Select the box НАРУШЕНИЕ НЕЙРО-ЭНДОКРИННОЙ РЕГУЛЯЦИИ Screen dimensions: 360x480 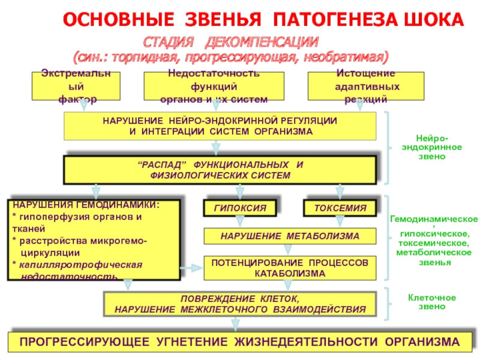click(220, 126)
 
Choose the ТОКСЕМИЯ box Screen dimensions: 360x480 click(340, 208)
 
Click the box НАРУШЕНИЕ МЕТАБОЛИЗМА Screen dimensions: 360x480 click(290, 236)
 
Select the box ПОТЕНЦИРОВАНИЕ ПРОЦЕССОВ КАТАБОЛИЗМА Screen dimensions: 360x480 click(290, 268)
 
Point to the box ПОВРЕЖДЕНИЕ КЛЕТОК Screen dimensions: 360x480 click(239, 304)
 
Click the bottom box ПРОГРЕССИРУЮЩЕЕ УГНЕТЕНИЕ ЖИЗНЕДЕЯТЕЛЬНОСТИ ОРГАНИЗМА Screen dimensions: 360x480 click(239, 342)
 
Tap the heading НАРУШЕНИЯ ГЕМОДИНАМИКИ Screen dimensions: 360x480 click(87, 205)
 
